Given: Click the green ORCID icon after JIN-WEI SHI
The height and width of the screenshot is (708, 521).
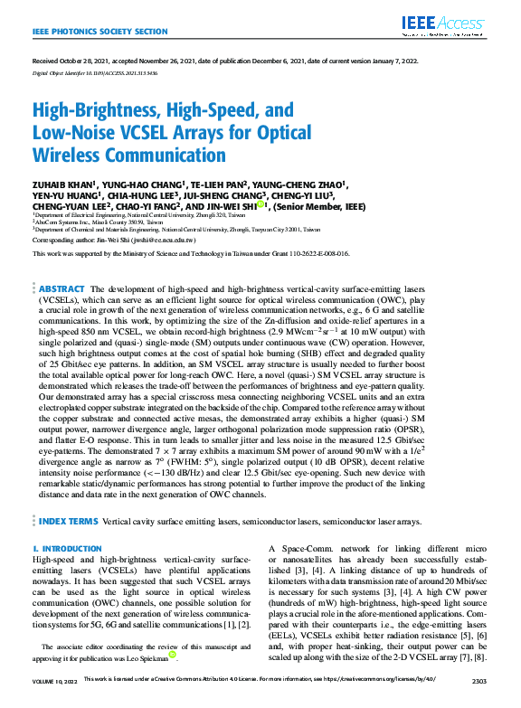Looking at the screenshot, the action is [262, 205].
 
